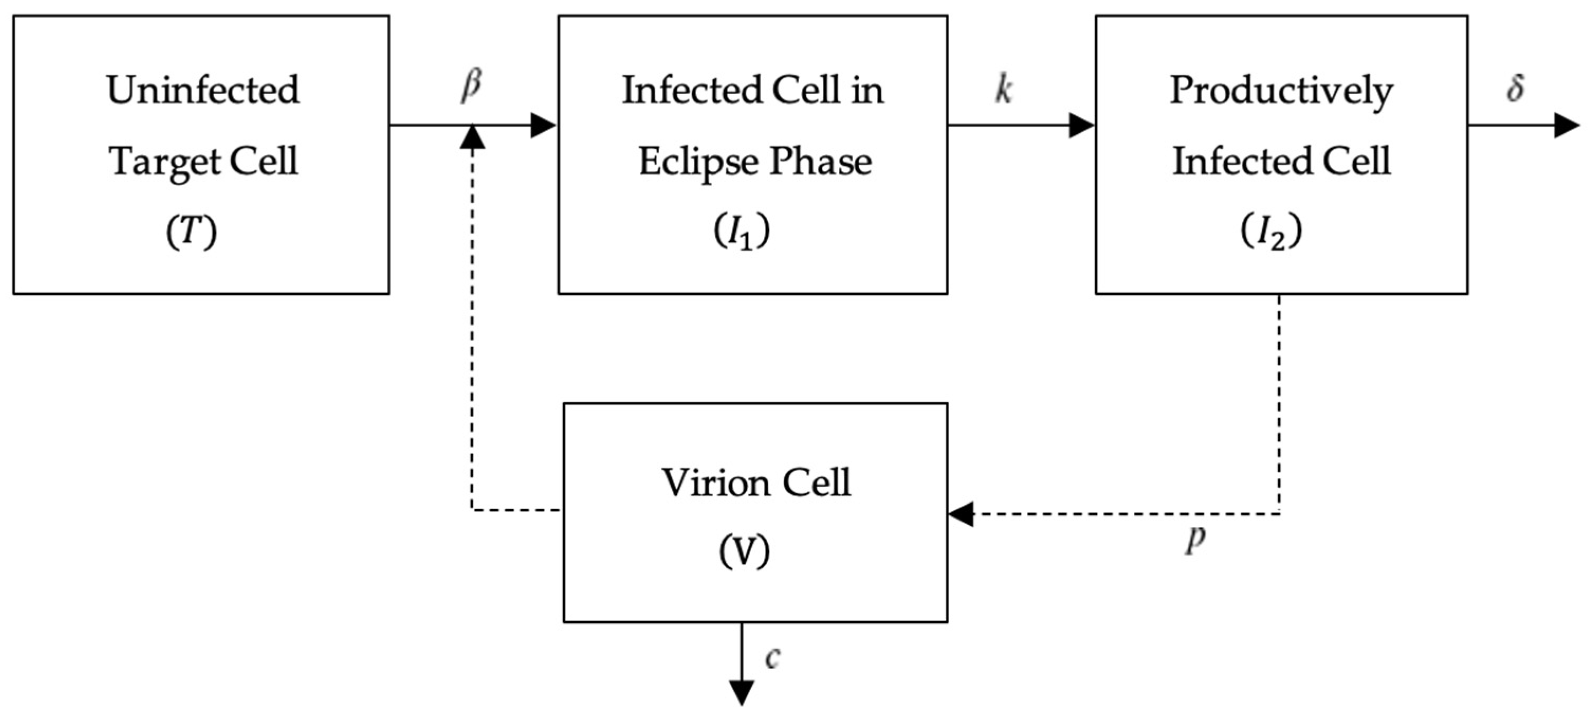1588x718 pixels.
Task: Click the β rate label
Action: point(472,86)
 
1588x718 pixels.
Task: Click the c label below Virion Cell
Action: point(772,658)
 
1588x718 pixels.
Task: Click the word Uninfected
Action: point(203,90)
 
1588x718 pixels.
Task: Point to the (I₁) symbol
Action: point(742,233)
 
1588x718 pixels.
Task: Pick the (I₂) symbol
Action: point(1271,233)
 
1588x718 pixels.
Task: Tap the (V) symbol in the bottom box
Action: point(744,551)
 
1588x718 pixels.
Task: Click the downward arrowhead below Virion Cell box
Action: point(742,693)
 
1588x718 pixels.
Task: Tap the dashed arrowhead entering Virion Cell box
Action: point(961,514)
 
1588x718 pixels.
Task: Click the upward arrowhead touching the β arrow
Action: point(473,138)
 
